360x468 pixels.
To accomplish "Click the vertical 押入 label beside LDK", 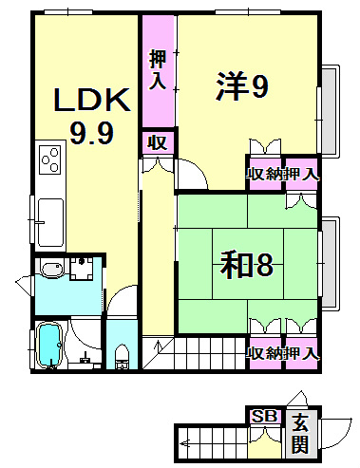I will point(158,68).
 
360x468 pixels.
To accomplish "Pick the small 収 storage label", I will point(157,143).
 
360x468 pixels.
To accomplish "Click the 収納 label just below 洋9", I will point(266,174).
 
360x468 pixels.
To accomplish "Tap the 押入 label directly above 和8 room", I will point(303,174).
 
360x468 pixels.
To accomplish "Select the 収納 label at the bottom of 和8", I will point(266,353).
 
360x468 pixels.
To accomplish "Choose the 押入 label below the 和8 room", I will point(303,353).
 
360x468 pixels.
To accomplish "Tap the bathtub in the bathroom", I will point(47,346).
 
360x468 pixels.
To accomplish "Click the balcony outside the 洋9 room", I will point(331,110).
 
